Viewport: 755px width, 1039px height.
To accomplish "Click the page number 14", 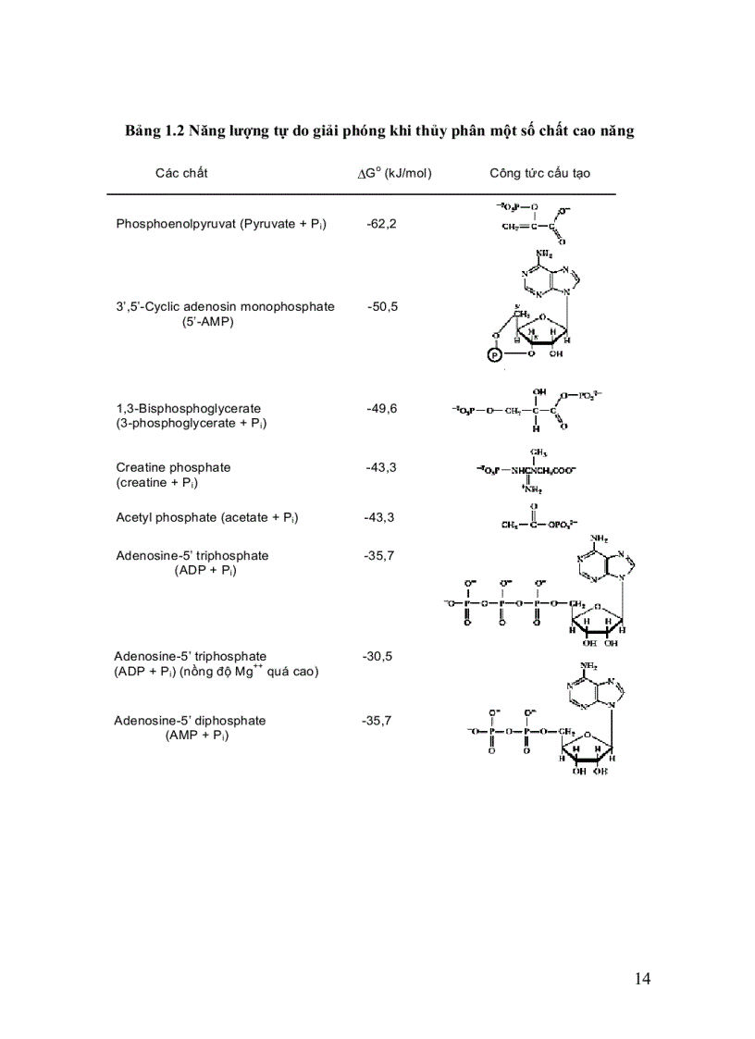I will click(643, 979).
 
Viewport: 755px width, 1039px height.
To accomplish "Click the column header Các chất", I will click(181, 173).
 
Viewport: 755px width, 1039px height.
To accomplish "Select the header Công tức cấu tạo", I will click(539, 173).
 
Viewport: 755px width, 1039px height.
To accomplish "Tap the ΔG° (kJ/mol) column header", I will click(394, 173).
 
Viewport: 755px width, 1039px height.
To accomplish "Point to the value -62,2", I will click(381, 224).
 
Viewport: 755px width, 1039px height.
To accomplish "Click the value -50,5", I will click(382, 306).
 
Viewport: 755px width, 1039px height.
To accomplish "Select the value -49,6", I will click(381, 408).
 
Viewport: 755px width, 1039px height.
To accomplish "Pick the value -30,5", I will click(377, 656).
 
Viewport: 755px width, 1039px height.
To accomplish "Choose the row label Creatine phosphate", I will click(173, 467).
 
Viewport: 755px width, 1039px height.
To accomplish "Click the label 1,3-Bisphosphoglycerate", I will click(189, 408).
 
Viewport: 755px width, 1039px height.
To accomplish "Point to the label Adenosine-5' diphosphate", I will click(190, 720).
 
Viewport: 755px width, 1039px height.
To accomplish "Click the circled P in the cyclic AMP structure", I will click(494, 353).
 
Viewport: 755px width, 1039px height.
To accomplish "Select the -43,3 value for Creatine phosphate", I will click(380, 467).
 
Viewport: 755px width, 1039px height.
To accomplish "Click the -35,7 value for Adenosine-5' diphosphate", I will click(377, 720).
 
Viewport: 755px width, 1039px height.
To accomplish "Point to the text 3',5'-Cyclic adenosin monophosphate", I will click(225, 306).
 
